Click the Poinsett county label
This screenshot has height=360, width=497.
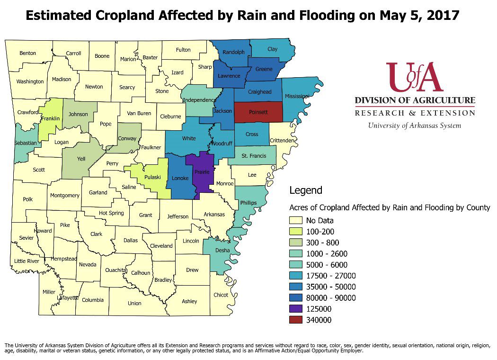(257, 112)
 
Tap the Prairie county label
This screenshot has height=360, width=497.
(202, 172)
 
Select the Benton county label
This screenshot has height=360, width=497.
(27, 53)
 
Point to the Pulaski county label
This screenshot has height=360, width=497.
(152, 177)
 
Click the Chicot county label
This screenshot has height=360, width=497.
(221, 295)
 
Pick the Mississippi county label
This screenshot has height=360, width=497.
(297, 96)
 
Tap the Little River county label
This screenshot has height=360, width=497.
(27, 261)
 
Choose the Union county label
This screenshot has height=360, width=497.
(134, 303)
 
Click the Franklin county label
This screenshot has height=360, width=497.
(50, 118)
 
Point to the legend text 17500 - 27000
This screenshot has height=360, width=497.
(331, 276)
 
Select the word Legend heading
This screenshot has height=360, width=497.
(306, 190)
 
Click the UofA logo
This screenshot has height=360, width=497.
(415, 77)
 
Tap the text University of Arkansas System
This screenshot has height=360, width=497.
(415, 126)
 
